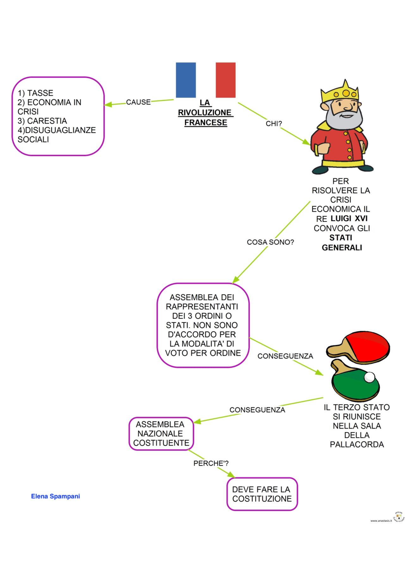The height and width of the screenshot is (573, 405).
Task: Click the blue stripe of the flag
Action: (186, 80)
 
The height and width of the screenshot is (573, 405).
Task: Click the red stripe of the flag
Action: (225, 80)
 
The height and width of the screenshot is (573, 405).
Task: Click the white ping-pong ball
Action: (369, 377)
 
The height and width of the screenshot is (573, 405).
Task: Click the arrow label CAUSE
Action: (138, 102)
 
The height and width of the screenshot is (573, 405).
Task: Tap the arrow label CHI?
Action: (274, 124)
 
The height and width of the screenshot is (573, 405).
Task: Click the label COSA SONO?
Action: (270, 242)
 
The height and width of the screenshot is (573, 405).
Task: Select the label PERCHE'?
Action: (211, 463)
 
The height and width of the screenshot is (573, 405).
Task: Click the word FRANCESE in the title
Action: (206, 122)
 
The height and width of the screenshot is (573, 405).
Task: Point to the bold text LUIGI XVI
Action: (349, 218)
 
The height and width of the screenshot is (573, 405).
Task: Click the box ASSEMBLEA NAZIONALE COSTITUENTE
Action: (161, 433)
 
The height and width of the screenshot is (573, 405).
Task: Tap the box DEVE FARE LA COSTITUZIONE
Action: (262, 494)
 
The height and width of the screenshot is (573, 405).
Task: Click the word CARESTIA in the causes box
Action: (47, 121)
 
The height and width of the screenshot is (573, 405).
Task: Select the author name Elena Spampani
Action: (55, 496)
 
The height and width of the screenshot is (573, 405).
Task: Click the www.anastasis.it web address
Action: (381, 521)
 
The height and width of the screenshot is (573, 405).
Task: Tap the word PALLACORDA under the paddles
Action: (357, 445)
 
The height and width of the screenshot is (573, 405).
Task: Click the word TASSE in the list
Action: (40, 93)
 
